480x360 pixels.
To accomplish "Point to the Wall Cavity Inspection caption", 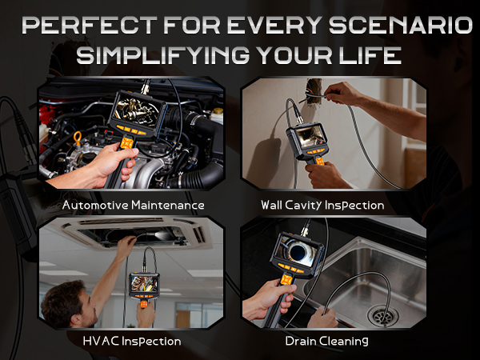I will [334, 205].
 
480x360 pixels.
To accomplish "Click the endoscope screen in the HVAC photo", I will [145, 282].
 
